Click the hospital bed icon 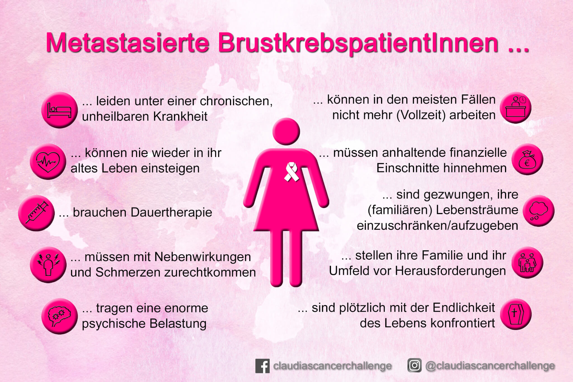click(x=59, y=110)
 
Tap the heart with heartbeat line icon click(x=48, y=161)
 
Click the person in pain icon click(x=48, y=265)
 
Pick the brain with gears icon click(x=60, y=316)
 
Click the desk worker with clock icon click(x=515, y=107)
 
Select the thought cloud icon click(x=539, y=211)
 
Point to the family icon click(x=527, y=263)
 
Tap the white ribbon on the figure click(x=291, y=172)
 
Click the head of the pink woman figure click(x=286, y=132)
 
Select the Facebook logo click(x=262, y=366)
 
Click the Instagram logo click(x=414, y=365)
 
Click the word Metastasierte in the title click(x=128, y=43)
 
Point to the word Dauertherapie click(x=170, y=212)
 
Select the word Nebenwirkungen click(x=203, y=257)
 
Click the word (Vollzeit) click(x=421, y=115)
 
